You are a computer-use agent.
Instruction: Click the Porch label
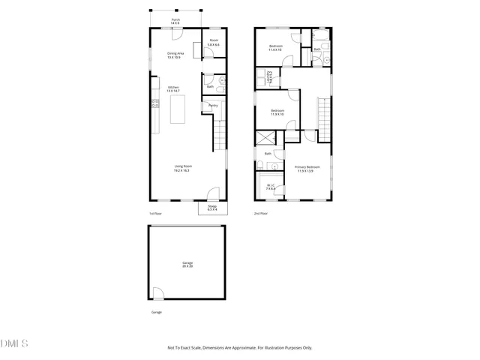pos(175,22)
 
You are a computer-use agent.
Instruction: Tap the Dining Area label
pos(175,55)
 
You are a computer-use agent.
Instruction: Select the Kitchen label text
pos(172,88)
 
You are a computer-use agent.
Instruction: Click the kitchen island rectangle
pos(178,109)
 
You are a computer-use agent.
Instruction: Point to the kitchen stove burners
pos(155,105)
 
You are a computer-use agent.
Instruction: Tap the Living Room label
pos(181,169)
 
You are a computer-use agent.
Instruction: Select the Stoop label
pos(212,207)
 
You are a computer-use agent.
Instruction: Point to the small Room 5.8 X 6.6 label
pos(214,42)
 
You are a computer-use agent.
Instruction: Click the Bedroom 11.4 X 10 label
pos(277,48)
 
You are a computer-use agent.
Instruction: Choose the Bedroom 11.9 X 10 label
pos(277,112)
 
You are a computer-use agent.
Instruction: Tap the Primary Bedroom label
pos(307,168)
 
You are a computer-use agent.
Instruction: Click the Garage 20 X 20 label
pos(187,264)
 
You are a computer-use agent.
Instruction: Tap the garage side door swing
pos(157,293)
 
